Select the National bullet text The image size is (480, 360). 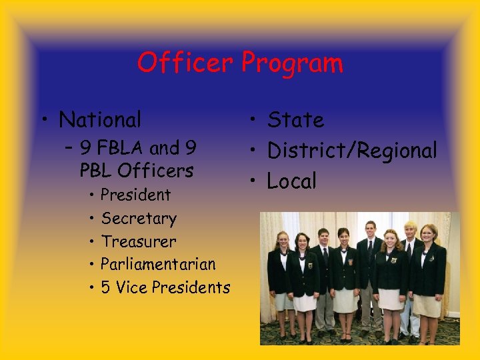tap(100, 120)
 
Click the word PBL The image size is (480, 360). tap(98, 171)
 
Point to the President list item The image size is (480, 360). tap(135, 195)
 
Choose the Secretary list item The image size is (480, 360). tap(139, 219)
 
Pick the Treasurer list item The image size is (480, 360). tap(139, 241)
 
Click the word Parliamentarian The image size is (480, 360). tap(159, 265)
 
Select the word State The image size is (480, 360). tap(295, 120)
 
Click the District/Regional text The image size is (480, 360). tap(352, 151)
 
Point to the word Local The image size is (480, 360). tap(292, 181)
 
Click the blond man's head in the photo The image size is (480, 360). tap(410, 230)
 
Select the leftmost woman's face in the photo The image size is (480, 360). tap(283, 240)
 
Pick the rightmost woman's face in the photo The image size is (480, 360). tap(429, 235)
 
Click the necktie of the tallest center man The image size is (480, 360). tap(370, 252)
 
